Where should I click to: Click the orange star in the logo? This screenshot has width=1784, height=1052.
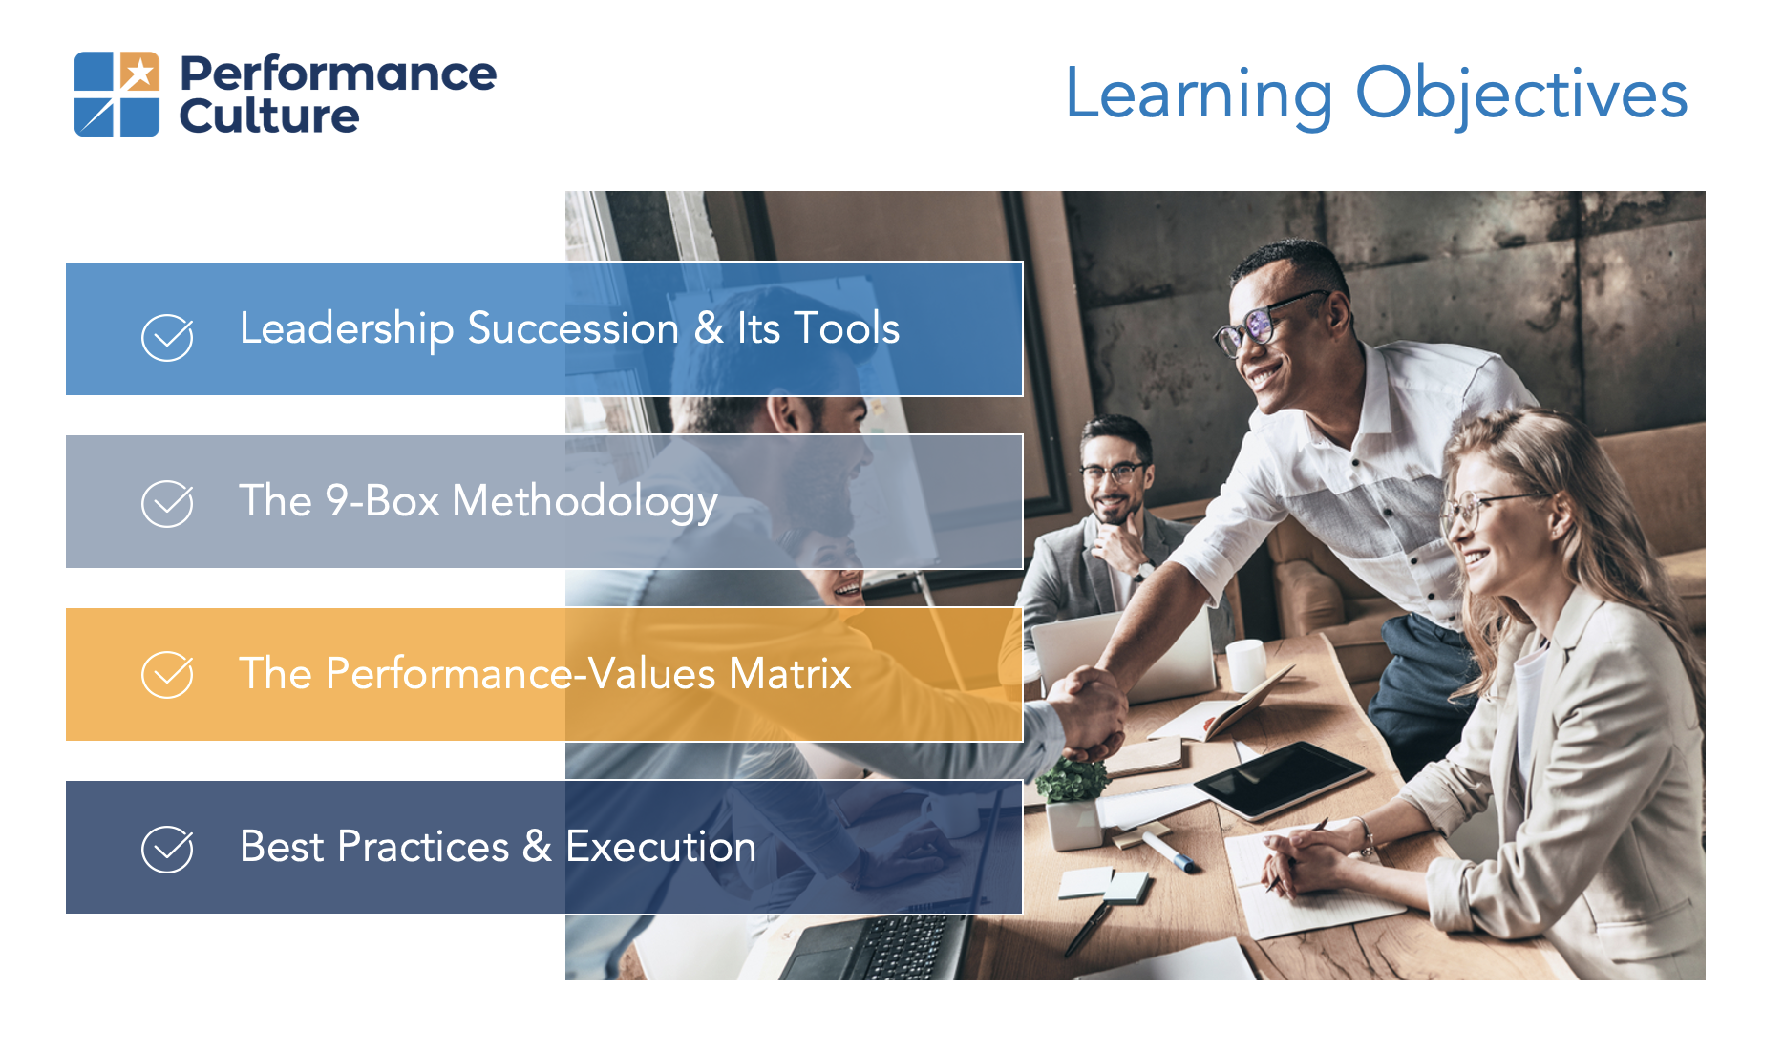(x=139, y=72)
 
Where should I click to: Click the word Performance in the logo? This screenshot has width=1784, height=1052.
(x=338, y=74)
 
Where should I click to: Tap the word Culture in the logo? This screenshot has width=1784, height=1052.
(x=269, y=116)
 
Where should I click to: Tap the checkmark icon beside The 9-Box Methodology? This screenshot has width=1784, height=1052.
(x=167, y=503)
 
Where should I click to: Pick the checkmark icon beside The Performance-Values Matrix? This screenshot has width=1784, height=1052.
(x=167, y=675)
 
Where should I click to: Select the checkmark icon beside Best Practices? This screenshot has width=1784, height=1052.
(x=167, y=849)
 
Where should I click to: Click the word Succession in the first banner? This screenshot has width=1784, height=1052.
(x=573, y=328)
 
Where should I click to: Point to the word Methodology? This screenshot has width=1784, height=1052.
(x=584, y=502)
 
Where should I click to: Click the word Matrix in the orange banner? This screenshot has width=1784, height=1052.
(x=790, y=673)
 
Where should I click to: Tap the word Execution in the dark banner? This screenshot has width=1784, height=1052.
(x=661, y=847)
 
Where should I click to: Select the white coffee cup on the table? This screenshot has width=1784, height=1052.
(x=1245, y=663)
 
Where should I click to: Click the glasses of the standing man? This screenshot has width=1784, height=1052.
(x=1270, y=323)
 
